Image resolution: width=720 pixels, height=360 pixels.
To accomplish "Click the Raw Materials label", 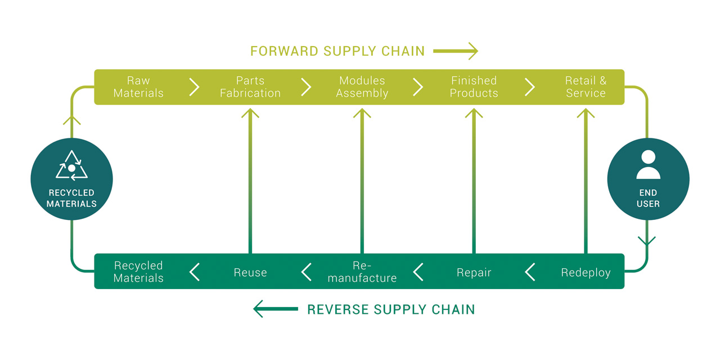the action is click(x=138, y=87).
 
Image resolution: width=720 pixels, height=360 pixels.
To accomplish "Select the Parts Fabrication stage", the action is click(x=250, y=87).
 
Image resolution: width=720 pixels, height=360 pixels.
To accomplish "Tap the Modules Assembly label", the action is click(x=362, y=87).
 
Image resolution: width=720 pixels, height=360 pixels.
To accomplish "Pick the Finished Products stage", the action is click(x=474, y=87).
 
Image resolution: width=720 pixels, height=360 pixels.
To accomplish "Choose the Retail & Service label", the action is click(x=586, y=87).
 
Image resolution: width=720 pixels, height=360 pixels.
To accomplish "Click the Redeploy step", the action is click(x=586, y=273).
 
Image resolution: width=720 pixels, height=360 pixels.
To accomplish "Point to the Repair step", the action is click(x=474, y=273).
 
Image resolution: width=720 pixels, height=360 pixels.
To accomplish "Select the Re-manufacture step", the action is click(x=362, y=272).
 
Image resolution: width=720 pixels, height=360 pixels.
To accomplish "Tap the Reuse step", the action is click(x=250, y=273).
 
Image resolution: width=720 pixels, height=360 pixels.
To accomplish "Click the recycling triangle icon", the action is click(x=71, y=165).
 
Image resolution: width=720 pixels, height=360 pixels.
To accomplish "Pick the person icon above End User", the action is click(x=649, y=164).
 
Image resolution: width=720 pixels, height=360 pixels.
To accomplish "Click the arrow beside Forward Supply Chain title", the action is click(x=456, y=51).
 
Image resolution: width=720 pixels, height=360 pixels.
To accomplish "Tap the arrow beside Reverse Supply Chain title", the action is click(x=276, y=309).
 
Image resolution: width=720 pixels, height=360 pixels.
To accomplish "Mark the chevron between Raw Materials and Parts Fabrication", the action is click(x=194, y=87).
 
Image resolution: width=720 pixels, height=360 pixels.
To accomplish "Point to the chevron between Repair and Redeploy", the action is click(x=530, y=272).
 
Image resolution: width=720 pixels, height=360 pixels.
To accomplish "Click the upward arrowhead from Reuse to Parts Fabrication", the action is click(x=250, y=114).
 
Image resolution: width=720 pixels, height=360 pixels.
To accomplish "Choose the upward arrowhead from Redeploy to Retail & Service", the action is click(x=586, y=114).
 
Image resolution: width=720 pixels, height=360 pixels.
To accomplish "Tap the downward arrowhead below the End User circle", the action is click(x=647, y=241).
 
